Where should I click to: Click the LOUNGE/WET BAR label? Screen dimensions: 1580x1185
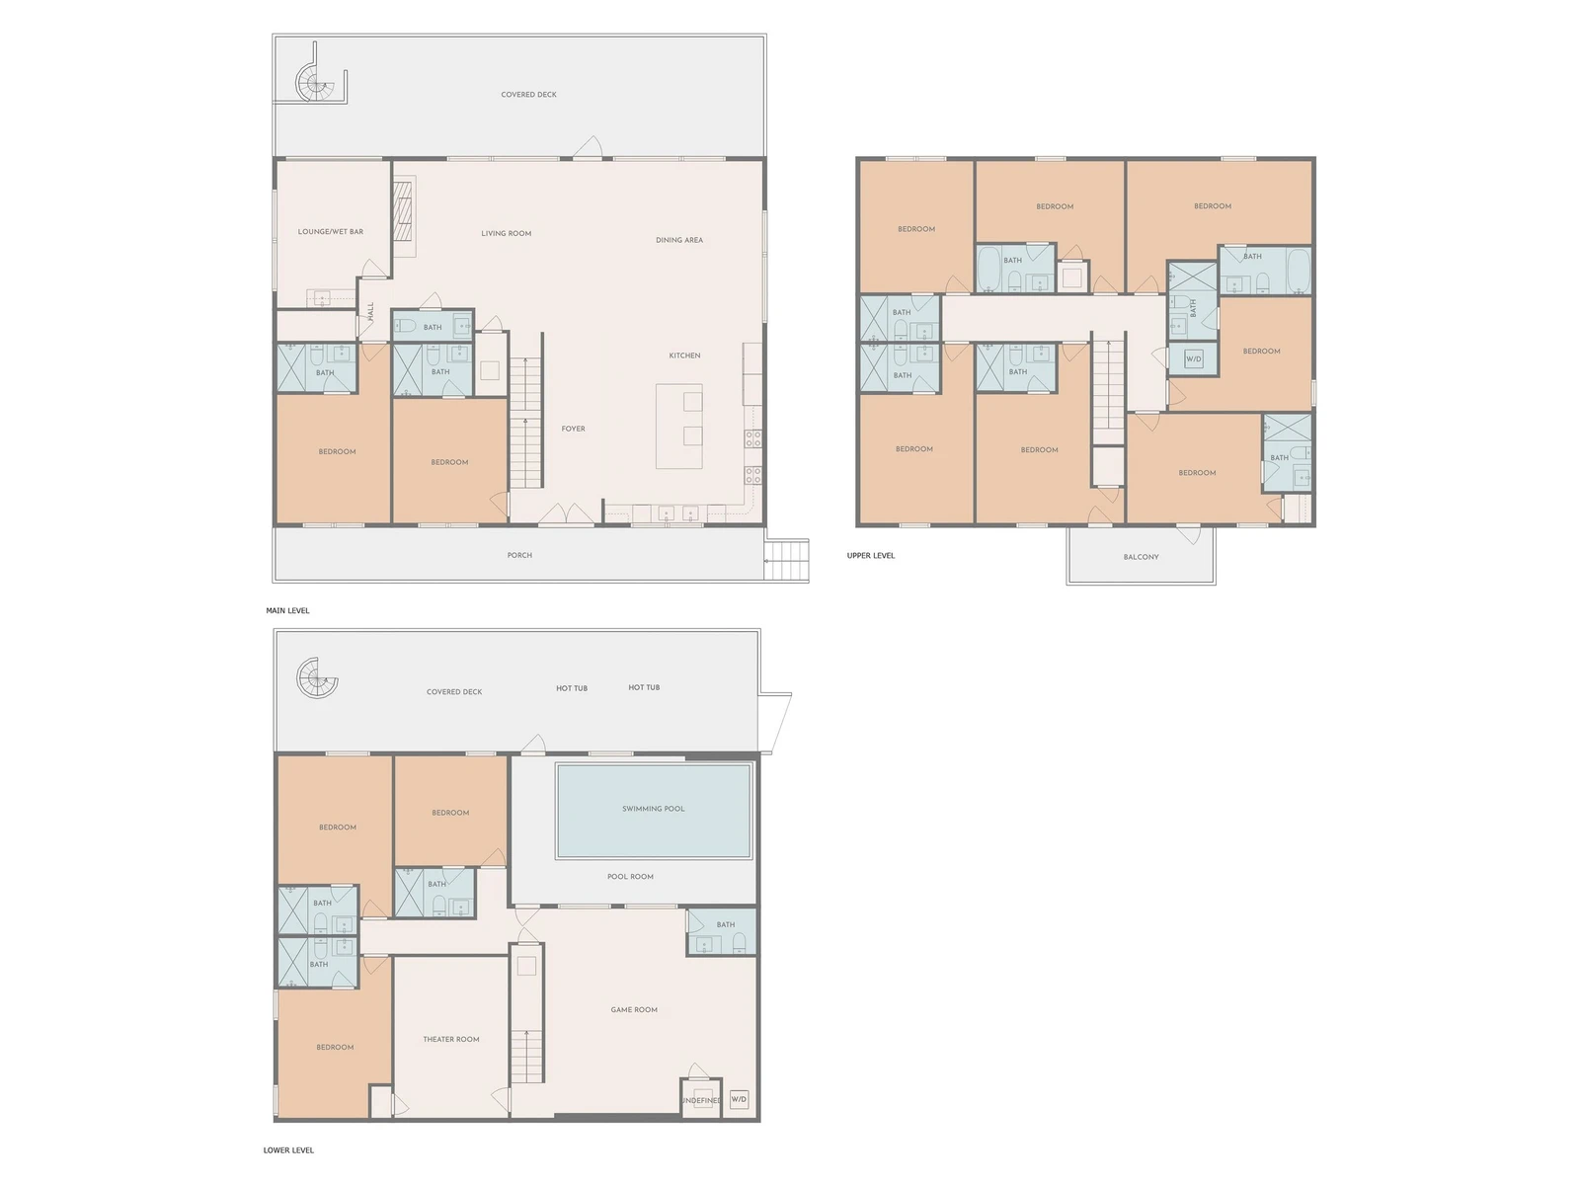(331, 232)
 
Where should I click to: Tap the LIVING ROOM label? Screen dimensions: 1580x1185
(506, 233)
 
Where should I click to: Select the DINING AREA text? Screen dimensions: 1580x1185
(678, 240)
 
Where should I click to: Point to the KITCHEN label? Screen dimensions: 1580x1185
(684, 355)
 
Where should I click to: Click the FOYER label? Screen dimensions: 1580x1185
(573, 429)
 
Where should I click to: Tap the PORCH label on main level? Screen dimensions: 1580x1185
(519, 555)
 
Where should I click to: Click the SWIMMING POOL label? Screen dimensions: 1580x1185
(653, 809)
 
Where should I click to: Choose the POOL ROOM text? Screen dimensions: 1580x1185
(630, 876)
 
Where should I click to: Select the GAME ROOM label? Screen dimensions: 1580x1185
(633, 1009)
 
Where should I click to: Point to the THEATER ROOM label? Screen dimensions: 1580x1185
(450, 1039)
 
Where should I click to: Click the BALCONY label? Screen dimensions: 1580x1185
(1141, 557)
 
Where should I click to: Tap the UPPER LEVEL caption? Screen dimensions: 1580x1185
(870, 555)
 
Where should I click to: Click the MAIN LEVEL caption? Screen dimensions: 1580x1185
(287, 610)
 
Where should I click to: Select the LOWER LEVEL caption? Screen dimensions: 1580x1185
(288, 1149)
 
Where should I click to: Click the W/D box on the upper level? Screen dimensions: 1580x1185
(1194, 358)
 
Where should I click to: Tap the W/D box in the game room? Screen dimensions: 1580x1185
(739, 1099)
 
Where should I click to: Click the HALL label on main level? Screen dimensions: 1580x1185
(370, 311)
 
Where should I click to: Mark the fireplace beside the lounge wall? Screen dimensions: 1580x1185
(404, 217)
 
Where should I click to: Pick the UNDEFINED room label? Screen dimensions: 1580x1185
(701, 1100)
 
